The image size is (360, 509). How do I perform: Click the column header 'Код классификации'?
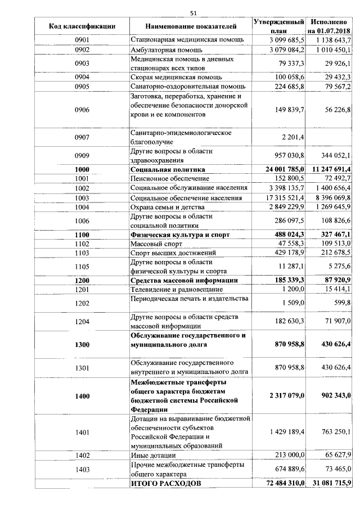(82, 26)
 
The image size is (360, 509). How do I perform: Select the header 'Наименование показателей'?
(191, 26)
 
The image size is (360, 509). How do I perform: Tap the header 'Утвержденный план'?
(279, 26)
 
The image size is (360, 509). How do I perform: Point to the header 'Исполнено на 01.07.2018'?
(329, 26)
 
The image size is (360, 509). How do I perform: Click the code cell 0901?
(82, 40)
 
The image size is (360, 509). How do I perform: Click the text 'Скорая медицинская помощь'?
(176, 76)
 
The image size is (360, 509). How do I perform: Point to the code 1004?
(82, 208)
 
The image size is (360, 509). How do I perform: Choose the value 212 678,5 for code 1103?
(334, 253)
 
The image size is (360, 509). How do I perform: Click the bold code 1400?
(82, 396)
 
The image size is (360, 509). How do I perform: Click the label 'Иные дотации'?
(153, 455)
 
